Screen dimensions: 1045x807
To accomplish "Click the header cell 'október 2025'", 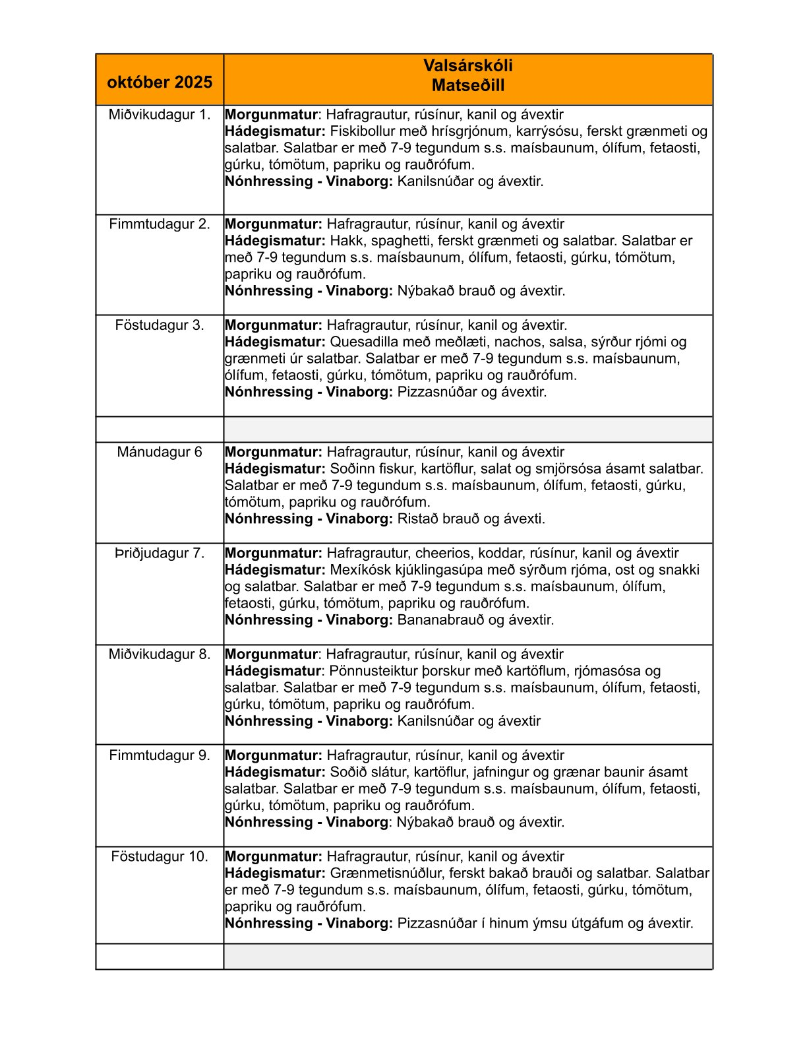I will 160,82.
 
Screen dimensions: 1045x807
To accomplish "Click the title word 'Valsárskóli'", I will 468,66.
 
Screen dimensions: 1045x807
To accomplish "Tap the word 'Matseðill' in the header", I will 468,86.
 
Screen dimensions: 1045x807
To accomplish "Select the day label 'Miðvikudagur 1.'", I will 160,115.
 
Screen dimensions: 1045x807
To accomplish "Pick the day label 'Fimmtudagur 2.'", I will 160,224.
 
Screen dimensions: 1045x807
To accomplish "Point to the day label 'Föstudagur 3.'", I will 160,325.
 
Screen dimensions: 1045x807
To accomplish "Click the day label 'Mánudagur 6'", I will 160,453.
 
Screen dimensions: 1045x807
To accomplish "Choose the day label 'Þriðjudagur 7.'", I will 160,554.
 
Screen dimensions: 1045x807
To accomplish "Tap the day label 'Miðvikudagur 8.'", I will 160,654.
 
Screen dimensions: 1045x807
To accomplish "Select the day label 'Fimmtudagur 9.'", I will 160,755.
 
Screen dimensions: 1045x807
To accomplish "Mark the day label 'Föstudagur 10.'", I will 160,857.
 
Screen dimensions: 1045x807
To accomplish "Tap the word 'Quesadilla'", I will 363,342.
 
